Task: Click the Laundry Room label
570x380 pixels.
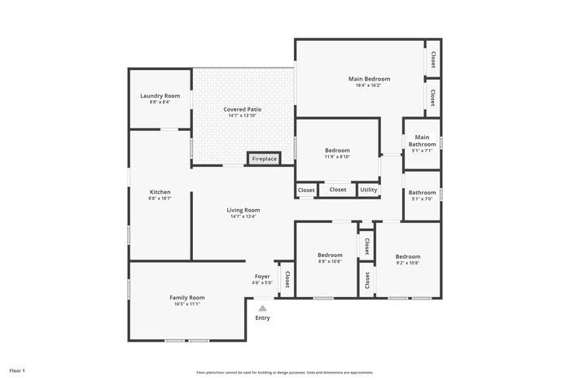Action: (x=160, y=96)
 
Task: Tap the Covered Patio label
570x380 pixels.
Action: (x=242, y=109)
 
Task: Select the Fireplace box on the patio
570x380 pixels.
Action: (x=264, y=159)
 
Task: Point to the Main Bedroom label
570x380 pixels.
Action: (x=368, y=79)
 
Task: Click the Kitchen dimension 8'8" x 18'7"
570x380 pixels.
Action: (x=160, y=198)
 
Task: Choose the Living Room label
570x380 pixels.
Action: (x=243, y=210)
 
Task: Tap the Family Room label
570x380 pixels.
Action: (x=186, y=298)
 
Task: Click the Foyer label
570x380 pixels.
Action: (x=262, y=277)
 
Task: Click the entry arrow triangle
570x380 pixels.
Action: (x=262, y=308)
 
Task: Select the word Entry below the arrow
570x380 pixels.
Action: (x=262, y=317)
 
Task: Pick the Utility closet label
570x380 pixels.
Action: (x=369, y=190)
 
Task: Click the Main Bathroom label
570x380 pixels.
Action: (x=422, y=141)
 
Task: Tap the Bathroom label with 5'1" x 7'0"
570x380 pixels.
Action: (x=422, y=193)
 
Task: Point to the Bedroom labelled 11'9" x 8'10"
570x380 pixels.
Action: (x=337, y=151)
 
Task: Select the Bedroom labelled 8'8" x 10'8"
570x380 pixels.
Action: (x=330, y=256)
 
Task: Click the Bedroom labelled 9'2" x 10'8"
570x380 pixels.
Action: (x=408, y=256)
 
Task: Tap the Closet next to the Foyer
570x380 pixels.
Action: (x=287, y=279)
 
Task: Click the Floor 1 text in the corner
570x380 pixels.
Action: (x=17, y=370)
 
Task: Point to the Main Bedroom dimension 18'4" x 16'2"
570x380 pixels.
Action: (x=368, y=85)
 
